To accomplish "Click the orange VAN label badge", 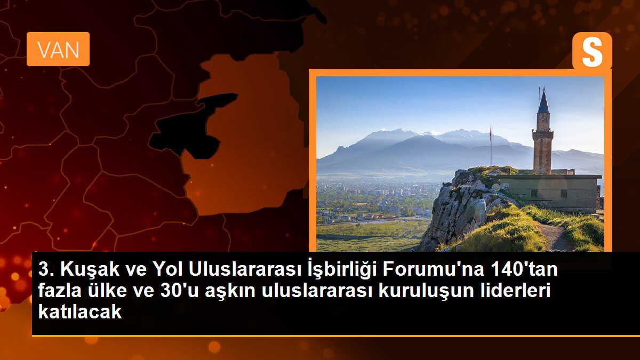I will click(58, 49).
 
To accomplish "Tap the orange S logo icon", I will click(592, 51).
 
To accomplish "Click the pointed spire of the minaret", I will click(543, 101).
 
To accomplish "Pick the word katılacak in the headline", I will click(80, 312).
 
